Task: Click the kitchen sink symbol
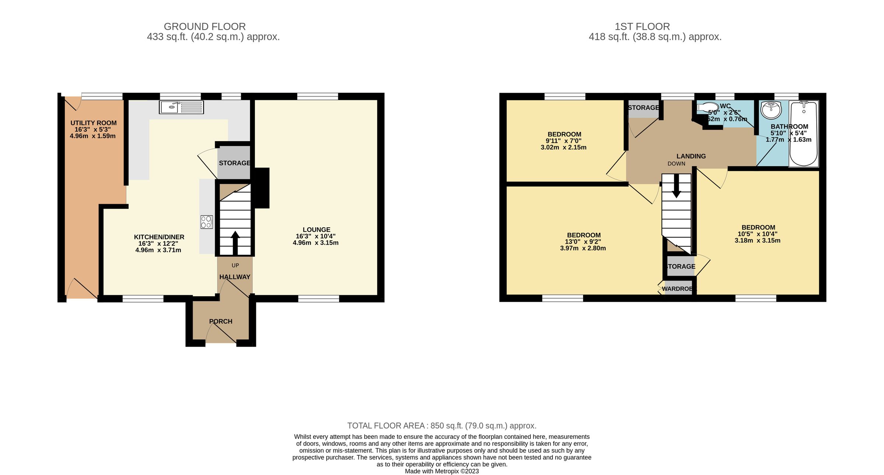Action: (181, 107)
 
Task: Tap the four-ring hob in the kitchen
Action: (206, 222)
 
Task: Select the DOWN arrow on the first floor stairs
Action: (676, 186)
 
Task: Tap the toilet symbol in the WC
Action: (707, 108)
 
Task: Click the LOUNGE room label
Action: (316, 230)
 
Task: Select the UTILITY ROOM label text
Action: (94, 123)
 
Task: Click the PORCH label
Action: (221, 321)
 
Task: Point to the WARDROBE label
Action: (678, 289)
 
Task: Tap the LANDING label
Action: (691, 156)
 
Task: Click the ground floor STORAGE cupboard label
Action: (234, 163)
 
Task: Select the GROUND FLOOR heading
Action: (205, 27)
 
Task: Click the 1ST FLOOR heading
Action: (642, 27)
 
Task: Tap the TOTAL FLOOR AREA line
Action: (442, 426)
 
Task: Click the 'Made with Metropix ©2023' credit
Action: (442, 471)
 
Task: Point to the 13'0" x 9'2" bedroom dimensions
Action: (583, 242)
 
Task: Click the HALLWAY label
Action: (235, 277)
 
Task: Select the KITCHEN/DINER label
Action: (159, 237)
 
